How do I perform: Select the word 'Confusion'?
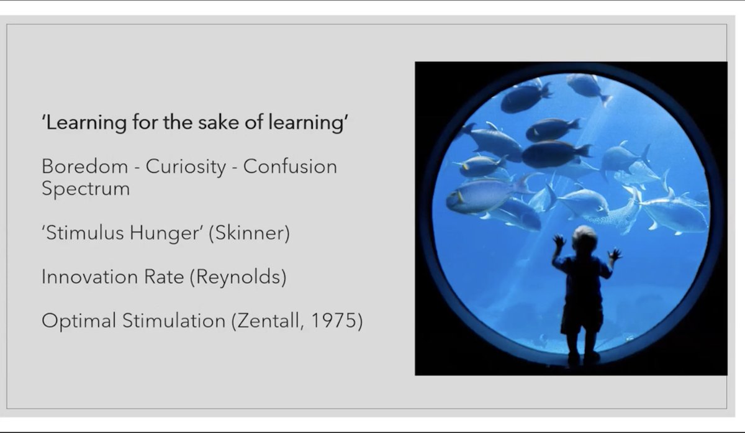point(290,167)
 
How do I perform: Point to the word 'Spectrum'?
point(86,188)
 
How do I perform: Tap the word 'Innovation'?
point(84,277)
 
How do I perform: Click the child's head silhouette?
point(584,238)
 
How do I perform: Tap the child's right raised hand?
point(615,253)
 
